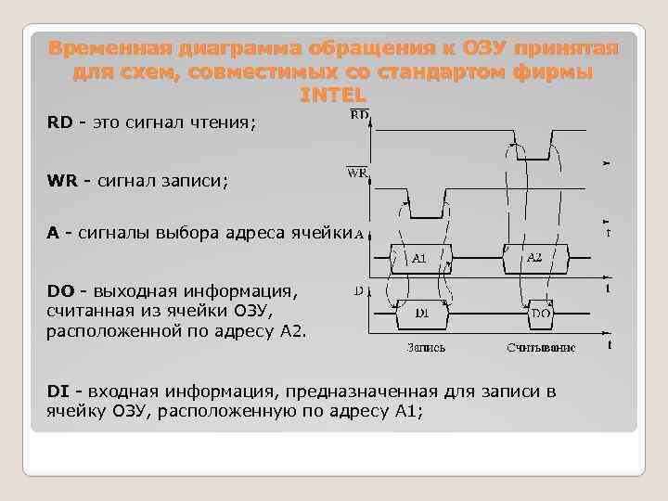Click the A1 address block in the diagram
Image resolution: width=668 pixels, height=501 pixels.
(x=419, y=258)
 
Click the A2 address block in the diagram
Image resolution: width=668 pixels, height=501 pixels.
(x=533, y=258)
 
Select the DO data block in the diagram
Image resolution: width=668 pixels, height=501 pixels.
(x=542, y=314)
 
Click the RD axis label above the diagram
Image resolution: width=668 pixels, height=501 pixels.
(x=359, y=115)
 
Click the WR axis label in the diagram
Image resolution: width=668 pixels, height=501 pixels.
(x=357, y=173)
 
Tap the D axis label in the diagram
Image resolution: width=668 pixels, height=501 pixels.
(x=358, y=291)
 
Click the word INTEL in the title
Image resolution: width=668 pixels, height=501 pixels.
(x=334, y=95)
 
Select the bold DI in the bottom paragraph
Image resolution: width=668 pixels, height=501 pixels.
(x=58, y=391)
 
